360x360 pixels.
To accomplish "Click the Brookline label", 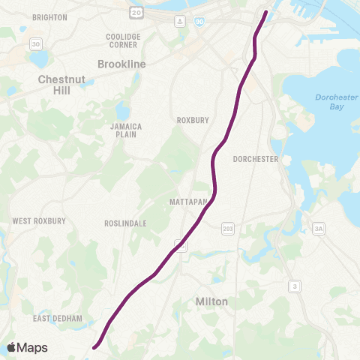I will [x=122, y=64].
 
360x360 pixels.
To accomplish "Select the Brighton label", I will [x=49, y=16].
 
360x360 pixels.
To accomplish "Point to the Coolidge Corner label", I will [x=123, y=40].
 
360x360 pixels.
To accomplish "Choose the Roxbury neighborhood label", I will [x=190, y=120].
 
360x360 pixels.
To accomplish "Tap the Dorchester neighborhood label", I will [x=256, y=159].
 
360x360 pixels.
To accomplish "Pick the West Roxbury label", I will [x=39, y=221].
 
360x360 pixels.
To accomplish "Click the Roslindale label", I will [x=125, y=223].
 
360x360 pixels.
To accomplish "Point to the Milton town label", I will [x=211, y=301].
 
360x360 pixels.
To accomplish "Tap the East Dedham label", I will [x=57, y=319].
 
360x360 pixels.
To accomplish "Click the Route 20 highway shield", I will [x=136, y=12].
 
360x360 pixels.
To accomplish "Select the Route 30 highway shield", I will [x=35, y=45].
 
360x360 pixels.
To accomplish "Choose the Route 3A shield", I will [x=319, y=228].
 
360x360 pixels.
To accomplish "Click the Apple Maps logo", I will [x=27, y=347].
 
